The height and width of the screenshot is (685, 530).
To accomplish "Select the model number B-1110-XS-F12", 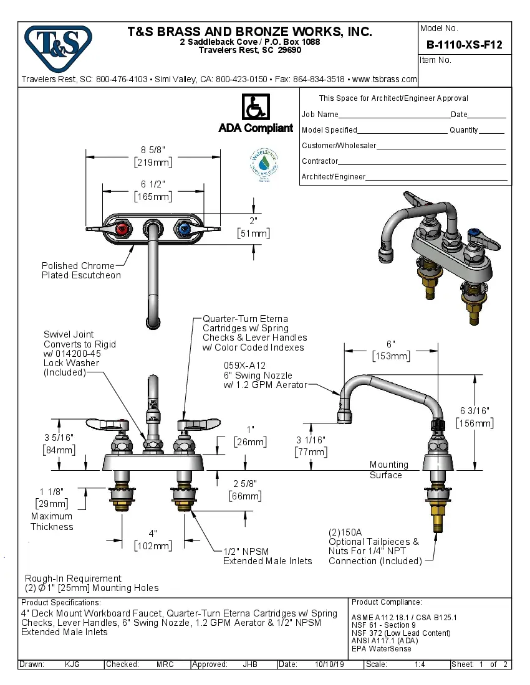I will point(464,45).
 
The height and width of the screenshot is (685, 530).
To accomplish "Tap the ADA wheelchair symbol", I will point(255,108).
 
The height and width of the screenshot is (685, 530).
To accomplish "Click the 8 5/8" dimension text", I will point(153,150).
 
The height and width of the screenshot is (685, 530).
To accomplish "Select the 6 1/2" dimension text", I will point(153,184).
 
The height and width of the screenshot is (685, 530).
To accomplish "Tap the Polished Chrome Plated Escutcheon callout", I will point(81,270).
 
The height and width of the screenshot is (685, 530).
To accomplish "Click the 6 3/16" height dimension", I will point(475,411).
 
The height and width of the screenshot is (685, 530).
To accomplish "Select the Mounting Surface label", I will point(388,470).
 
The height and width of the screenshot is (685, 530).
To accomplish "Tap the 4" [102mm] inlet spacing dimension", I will point(153,540).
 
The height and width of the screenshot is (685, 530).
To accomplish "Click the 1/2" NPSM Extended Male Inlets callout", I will point(267,556).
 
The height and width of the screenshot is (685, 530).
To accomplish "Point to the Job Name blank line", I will point(394,115).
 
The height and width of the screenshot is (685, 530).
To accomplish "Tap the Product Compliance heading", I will point(387,602).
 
